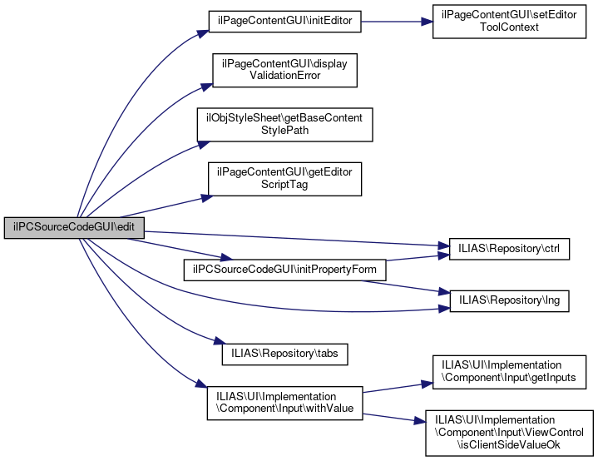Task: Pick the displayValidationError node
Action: pyautogui.click(x=284, y=70)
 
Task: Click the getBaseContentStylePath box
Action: pyautogui.click(x=284, y=124)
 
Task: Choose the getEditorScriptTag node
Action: pyautogui.click(x=284, y=178)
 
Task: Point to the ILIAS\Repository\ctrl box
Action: pyautogui.click(x=508, y=248)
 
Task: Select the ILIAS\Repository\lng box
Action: pyautogui.click(x=508, y=300)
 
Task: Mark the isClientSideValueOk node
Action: pyautogui.click(x=509, y=432)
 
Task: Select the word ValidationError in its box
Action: pyautogui.click(x=284, y=76)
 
